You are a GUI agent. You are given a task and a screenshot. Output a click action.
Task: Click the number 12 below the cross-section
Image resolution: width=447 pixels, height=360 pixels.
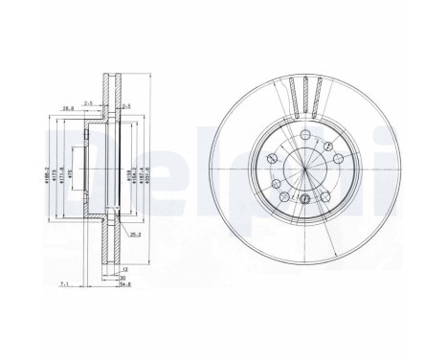(x=124, y=270)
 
